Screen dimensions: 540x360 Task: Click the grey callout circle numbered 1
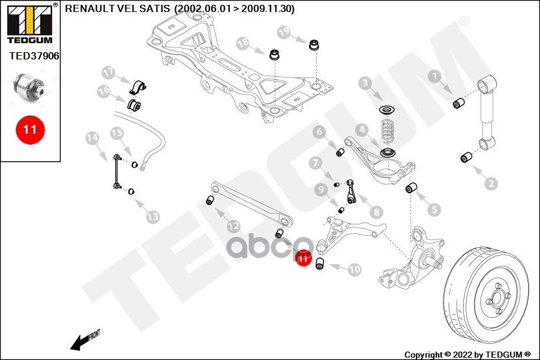coord(434,76)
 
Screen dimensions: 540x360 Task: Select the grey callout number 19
coord(283,31)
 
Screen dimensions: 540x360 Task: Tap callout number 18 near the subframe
coord(242,43)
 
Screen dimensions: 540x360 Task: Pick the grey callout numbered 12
coord(233,226)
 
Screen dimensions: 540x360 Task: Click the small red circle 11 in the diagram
coord(303,259)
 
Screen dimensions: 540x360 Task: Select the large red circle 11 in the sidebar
coord(30,129)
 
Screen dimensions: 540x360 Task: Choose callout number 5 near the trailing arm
coord(433,209)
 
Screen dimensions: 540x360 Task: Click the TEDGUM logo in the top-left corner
coord(29,24)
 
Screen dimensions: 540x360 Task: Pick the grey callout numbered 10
coord(355,269)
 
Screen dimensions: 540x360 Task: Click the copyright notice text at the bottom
coord(468,354)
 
